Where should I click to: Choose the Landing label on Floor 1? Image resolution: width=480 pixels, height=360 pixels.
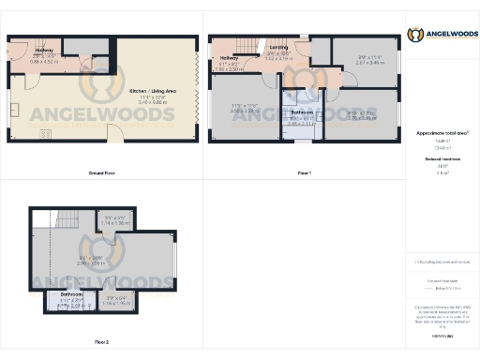click(x=278, y=46)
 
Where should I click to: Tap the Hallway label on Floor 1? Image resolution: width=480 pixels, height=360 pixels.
click(x=230, y=58)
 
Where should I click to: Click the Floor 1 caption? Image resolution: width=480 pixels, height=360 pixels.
click(x=304, y=174)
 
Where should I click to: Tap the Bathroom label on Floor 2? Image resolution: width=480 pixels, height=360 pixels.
click(x=72, y=293)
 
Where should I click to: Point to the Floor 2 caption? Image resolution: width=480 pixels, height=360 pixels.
click(x=102, y=343)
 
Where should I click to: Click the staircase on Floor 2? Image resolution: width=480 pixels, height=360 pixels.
click(x=68, y=223)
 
